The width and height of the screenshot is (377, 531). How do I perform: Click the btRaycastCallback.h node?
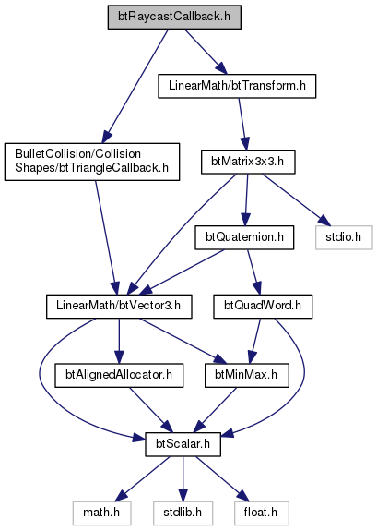(174, 17)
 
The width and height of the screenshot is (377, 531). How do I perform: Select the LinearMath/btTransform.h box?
(237, 86)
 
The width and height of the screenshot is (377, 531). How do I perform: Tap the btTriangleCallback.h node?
(92, 162)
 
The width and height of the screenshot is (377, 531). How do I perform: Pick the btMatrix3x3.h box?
(248, 162)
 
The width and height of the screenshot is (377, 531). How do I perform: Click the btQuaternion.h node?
(244, 237)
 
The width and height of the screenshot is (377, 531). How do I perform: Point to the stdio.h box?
(344, 237)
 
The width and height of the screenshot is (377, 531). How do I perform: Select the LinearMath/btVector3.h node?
(119, 307)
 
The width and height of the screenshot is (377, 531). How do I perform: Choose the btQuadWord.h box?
(263, 307)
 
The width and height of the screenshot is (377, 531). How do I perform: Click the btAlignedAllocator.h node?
(119, 375)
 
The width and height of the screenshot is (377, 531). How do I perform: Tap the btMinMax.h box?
(247, 375)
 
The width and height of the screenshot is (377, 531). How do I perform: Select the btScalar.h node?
(183, 444)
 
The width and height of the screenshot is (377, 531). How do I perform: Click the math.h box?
(101, 513)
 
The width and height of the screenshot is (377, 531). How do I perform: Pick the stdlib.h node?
(183, 513)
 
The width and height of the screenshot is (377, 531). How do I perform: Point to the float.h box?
(262, 513)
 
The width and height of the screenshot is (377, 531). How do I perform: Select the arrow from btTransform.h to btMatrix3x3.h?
(242, 124)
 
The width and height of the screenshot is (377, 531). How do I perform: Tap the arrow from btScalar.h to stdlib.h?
(183, 478)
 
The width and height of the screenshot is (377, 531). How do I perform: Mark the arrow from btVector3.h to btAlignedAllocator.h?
(119, 341)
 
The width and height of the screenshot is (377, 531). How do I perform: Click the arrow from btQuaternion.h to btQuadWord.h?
(253, 272)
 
